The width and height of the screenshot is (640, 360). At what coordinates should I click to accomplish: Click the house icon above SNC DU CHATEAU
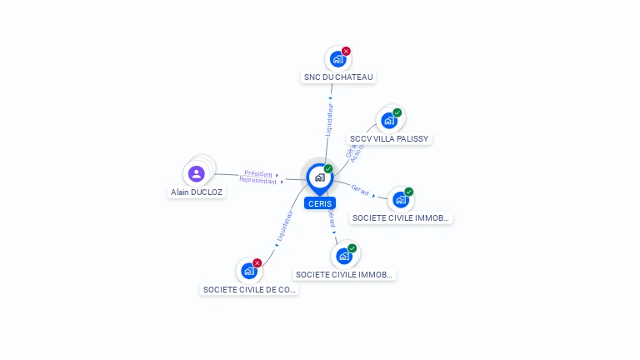coord(337,59)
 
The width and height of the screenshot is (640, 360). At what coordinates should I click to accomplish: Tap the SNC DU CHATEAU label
coord(338,77)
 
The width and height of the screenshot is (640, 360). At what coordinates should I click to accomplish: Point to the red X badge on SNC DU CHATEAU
coord(346,52)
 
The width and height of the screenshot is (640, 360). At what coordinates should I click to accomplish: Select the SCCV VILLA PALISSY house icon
coord(388,121)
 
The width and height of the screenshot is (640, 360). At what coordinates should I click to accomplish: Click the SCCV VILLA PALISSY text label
coord(390,139)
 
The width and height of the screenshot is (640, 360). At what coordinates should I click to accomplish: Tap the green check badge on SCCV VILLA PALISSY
coord(397,112)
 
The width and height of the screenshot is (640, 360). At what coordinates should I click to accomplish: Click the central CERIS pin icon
coord(319,177)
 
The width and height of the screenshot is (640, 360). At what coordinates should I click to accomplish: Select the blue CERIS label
coord(319,203)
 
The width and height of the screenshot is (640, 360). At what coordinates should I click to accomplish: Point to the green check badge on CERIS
coord(328,169)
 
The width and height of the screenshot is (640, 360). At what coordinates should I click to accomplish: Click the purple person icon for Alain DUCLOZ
coord(197,173)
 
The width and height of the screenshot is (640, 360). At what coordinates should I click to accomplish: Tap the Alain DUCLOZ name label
coord(197,192)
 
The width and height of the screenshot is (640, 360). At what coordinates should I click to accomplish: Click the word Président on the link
coord(258,173)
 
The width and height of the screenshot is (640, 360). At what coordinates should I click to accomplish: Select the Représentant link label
coord(257,180)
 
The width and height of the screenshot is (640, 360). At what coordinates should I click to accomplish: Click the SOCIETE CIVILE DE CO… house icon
coord(248,271)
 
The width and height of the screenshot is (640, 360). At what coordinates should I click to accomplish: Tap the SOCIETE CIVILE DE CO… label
coord(250,290)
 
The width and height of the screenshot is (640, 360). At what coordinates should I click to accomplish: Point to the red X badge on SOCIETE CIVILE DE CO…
coord(257,263)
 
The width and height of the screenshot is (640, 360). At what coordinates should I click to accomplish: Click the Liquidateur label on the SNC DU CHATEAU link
coord(329,119)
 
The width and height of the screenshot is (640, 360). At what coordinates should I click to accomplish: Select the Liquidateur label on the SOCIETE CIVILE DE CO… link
coord(283,226)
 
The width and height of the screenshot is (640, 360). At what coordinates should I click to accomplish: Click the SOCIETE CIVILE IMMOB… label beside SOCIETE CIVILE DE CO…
coord(345,274)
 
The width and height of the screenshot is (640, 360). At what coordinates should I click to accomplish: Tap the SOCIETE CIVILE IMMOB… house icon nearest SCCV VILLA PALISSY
coord(400,200)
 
